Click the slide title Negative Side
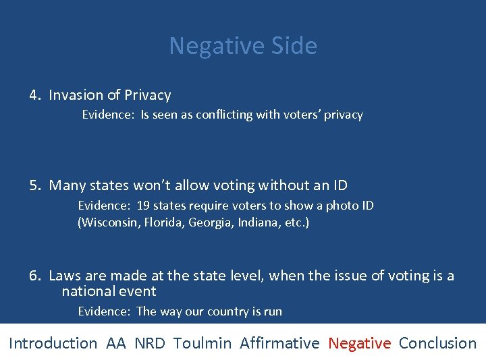tap(243, 46)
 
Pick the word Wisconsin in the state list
tap(110, 222)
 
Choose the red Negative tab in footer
tap(359, 343)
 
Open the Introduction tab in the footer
tap(53, 343)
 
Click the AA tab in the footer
tap(116, 343)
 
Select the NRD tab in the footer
tap(149, 343)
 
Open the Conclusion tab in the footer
tap(437, 343)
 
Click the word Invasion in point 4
tap(75, 95)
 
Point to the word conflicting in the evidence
tap(224, 115)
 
